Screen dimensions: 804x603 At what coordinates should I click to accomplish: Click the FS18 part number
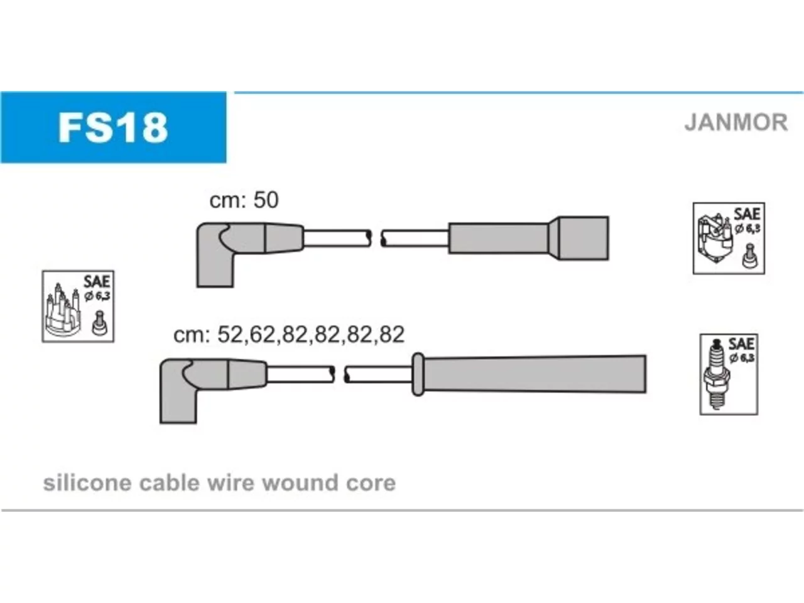113,128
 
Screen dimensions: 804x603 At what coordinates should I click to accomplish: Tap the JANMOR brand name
736,122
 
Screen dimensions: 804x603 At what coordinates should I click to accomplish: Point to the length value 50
266,200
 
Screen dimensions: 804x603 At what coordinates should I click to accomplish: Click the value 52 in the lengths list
230,334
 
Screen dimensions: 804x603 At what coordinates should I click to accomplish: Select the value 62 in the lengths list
263,334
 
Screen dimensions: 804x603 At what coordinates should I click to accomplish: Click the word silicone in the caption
87,482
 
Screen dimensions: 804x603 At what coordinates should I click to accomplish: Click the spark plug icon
717,374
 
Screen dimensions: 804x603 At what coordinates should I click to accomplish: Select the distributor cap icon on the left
63,310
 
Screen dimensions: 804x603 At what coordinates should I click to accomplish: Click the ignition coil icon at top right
715,238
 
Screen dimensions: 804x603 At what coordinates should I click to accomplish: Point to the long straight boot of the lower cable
535,374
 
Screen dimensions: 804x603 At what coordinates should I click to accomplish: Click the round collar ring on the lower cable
418,374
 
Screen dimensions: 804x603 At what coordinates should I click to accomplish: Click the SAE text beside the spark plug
741,344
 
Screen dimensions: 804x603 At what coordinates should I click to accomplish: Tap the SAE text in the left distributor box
96,281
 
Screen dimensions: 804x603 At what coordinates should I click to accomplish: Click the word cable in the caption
170,482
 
